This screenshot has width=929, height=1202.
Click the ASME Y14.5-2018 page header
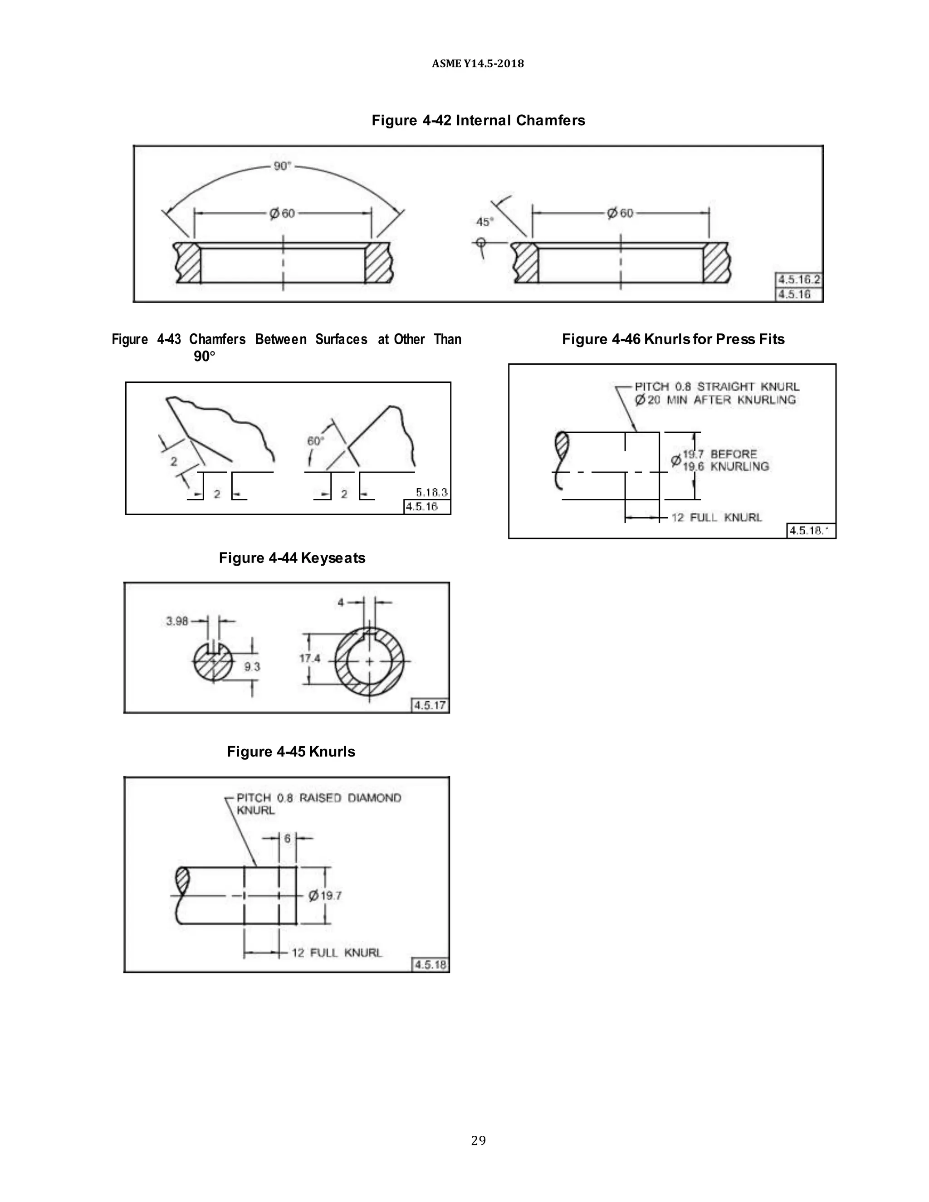coord(478,64)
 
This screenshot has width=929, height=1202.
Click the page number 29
coord(478,1140)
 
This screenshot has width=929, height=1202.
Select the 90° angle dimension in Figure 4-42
coord(282,166)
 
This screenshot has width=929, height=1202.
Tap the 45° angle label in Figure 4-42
coord(484,222)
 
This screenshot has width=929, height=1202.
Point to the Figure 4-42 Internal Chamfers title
coord(478,121)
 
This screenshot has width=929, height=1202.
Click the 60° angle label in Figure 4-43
coord(315,441)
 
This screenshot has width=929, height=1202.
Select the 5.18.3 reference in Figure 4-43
coord(431,492)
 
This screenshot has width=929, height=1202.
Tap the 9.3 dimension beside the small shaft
coord(252,667)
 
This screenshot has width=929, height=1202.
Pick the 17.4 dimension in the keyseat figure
coord(309,658)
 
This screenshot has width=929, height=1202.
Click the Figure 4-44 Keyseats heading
coord(292,558)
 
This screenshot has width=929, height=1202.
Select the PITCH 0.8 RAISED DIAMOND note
coord(318,798)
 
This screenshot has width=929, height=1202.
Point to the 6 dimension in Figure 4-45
coord(287,838)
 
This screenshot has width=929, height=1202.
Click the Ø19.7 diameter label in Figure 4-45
coord(325,895)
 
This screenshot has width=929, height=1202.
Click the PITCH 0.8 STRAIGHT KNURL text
coord(717,387)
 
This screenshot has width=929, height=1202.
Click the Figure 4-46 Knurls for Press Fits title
coord(673,340)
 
